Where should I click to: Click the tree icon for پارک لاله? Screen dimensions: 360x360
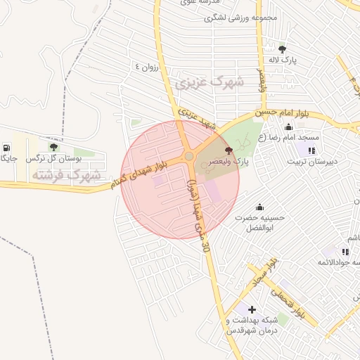[282, 49]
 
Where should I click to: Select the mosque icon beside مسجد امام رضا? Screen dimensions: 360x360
[288, 127]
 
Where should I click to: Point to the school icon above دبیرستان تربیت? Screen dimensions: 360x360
[311, 150]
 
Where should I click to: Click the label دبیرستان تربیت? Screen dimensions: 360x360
[311, 161]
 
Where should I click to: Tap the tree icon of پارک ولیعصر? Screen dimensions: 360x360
[227, 150]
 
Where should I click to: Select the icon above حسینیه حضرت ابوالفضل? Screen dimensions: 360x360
[260, 207]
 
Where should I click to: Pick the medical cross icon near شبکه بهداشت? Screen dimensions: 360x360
[252, 309]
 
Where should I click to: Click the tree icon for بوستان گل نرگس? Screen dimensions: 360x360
[53, 147]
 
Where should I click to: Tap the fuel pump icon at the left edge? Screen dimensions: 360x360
[7, 148]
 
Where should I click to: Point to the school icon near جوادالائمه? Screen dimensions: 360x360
[345, 251]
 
